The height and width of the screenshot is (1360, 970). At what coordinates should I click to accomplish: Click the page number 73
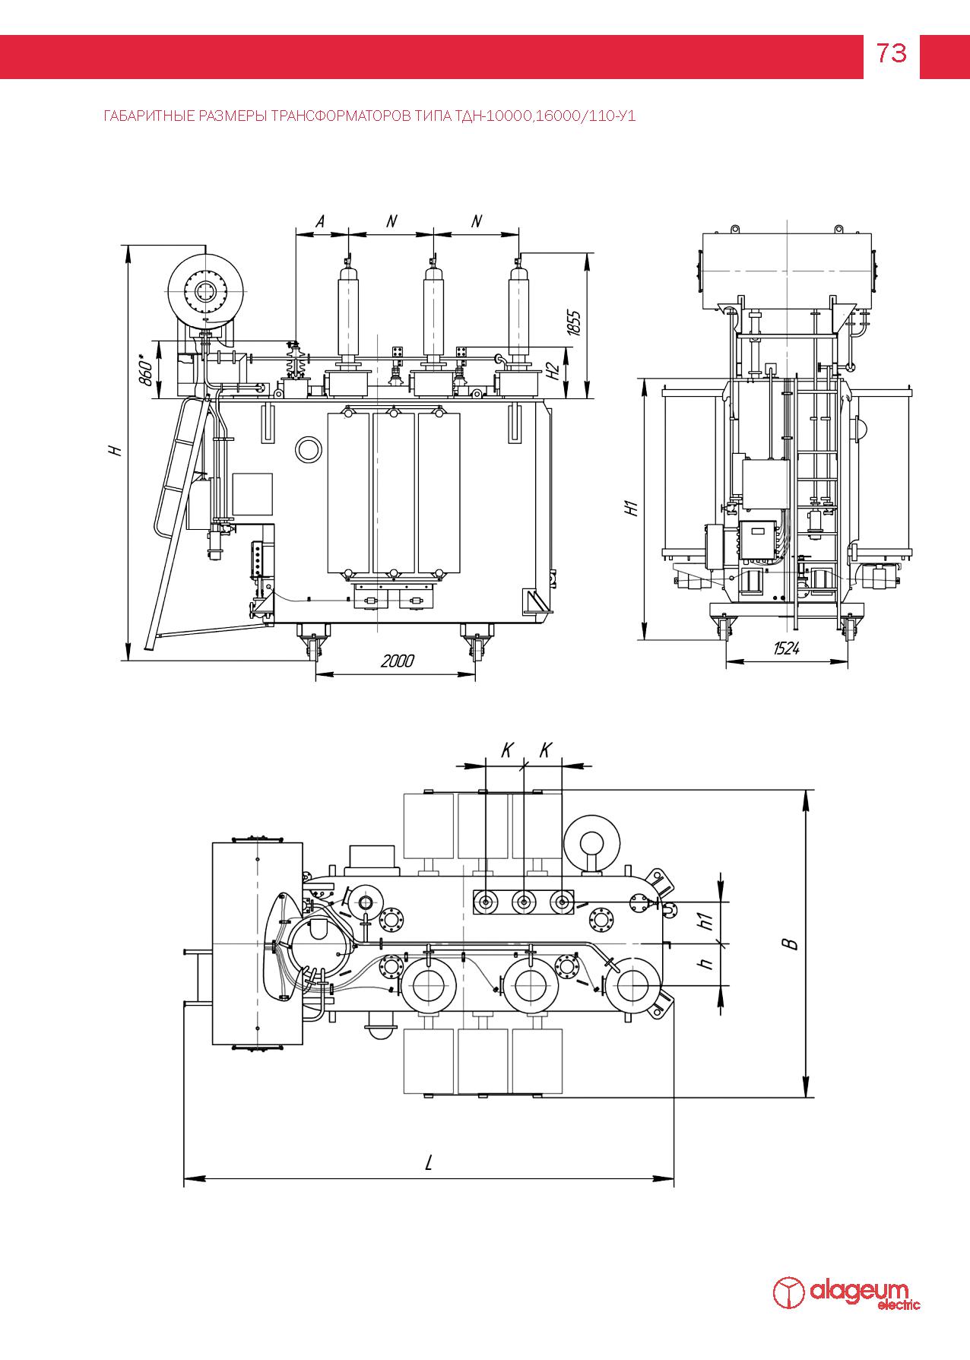point(891,53)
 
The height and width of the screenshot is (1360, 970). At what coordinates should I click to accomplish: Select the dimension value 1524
point(786,648)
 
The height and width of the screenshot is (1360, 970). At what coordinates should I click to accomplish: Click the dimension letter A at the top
point(320,221)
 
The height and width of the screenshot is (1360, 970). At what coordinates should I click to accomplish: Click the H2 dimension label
point(553,371)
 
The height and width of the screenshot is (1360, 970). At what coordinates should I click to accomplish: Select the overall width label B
point(791,943)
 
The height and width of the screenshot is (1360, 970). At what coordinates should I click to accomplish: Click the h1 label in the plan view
point(706,921)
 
